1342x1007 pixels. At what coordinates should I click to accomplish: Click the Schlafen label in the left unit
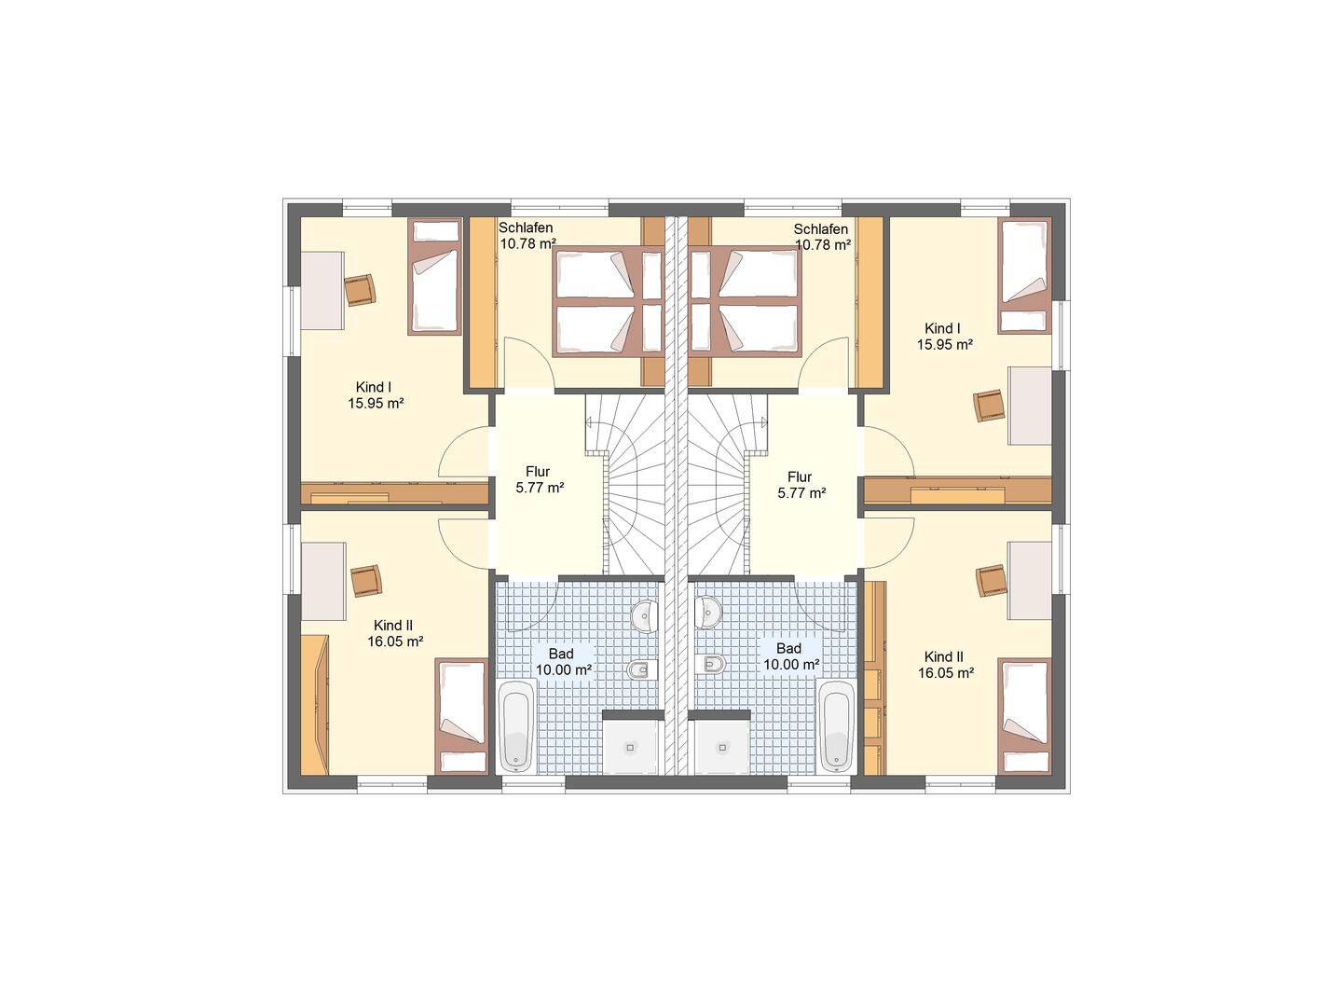(526, 228)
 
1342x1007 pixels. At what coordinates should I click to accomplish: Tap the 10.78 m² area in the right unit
(823, 245)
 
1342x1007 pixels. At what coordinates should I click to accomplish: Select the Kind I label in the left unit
(374, 387)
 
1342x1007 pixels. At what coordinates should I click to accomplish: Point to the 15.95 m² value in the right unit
(945, 344)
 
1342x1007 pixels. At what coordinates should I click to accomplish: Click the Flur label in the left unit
(538, 472)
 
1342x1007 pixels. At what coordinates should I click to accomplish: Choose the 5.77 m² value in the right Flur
(801, 493)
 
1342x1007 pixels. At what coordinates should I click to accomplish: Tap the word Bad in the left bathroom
(561, 654)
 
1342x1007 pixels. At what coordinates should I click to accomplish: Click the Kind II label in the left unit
(393, 626)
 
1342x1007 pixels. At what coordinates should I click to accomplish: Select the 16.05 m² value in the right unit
(946, 673)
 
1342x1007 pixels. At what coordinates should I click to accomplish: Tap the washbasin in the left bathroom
(644, 613)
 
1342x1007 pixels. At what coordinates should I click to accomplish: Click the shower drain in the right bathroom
(722, 747)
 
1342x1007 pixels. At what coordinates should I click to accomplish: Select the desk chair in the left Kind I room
(360, 289)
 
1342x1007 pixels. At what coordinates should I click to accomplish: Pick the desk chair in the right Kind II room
(992, 580)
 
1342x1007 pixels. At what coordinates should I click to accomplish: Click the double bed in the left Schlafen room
(608, 301)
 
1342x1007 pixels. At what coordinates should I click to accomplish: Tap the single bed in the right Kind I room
(1025, 276)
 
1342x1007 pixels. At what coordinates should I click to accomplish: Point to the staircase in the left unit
(624, 484)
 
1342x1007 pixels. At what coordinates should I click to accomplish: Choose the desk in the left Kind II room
(323, 581)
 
